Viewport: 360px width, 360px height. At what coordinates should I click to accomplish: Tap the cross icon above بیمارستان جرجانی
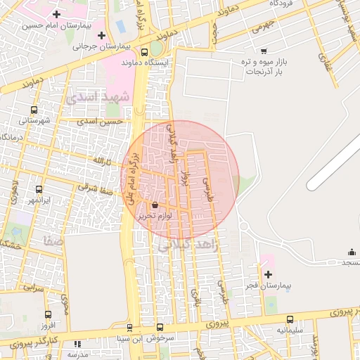point(102,35)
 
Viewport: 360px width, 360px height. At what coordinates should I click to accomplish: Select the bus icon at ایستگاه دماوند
point(144,51)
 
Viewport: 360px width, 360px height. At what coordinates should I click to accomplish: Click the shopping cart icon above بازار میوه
point(264,50)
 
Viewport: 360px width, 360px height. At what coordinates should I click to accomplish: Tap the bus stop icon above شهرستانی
point(34,110)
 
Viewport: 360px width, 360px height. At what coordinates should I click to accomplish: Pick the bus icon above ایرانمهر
point(39,189)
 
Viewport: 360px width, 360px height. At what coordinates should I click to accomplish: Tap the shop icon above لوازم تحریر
point(155,205)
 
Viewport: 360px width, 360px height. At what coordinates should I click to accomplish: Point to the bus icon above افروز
point(48,315)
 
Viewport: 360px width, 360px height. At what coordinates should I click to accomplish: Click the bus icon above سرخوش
point(160,327)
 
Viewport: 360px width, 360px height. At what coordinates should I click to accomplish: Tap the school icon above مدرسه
point(77,344)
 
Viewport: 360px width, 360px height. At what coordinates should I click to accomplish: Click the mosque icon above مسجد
point(351,252)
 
